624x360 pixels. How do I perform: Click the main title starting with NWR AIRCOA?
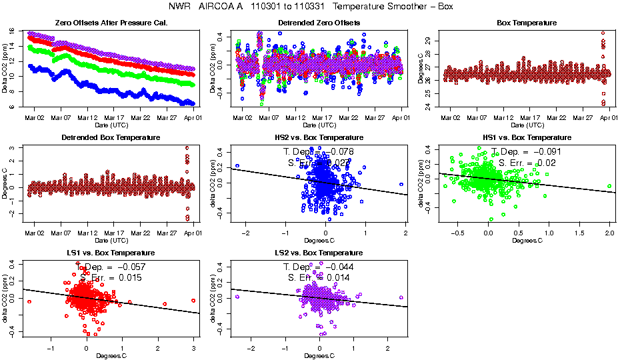pyautogui.click(x=312, y=7)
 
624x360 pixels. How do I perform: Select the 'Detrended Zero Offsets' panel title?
pyautogui.click(x=319, y=23)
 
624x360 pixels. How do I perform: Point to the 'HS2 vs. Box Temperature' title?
pyautogui.click(x=319, y=138)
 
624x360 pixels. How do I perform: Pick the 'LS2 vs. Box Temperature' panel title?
pyautogui.click(x=319, y=253)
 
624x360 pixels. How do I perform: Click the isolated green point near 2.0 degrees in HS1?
pyautogui.click(x=609, y=186)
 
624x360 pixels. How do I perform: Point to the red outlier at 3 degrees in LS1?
pyautogui.click(x=193, y=300)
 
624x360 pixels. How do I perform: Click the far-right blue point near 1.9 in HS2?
pyautogui.click(x=401, y=185)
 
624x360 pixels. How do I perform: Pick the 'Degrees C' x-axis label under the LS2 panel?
pyautogui.click(x=319, y=355)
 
